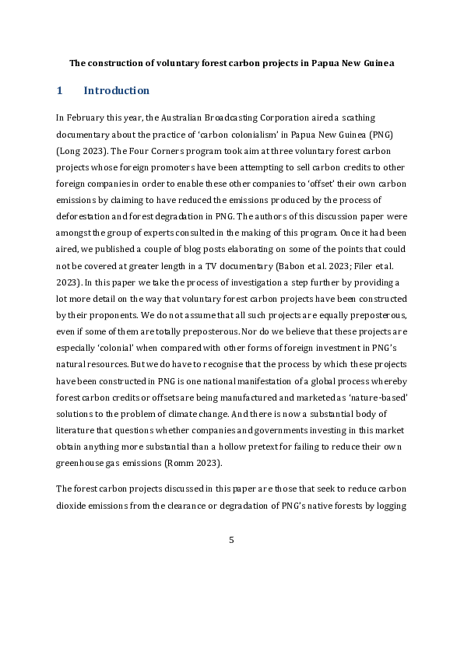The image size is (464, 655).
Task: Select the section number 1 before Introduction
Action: pyautogui.click(x=59, y=91)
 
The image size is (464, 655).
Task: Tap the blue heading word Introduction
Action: pyautogui.click(x=116, y=91)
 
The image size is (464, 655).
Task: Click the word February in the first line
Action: pyautogui.click(x=83, y=118)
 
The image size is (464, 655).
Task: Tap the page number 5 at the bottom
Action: pyautogui.click(x=231, y=540)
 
